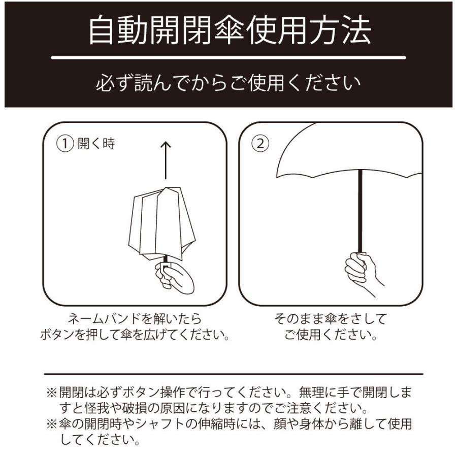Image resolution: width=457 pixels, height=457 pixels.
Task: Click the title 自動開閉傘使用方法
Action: pos(228,31)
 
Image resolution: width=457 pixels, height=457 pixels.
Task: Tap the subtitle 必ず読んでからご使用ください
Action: pos(228,83)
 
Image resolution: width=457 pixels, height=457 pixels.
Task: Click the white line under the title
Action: pos(228,57)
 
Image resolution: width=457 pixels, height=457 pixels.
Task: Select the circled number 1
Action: pos(66,144)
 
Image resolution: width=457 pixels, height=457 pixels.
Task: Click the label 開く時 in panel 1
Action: pos(96,144)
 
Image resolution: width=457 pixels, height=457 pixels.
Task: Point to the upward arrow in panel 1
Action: pos(166,160)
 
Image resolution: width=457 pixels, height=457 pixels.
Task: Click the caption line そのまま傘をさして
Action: pos(330,319)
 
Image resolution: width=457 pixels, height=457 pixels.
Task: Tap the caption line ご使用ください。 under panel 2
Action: pos(330,336)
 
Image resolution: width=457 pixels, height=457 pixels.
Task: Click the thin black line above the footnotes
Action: pos(234,374)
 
